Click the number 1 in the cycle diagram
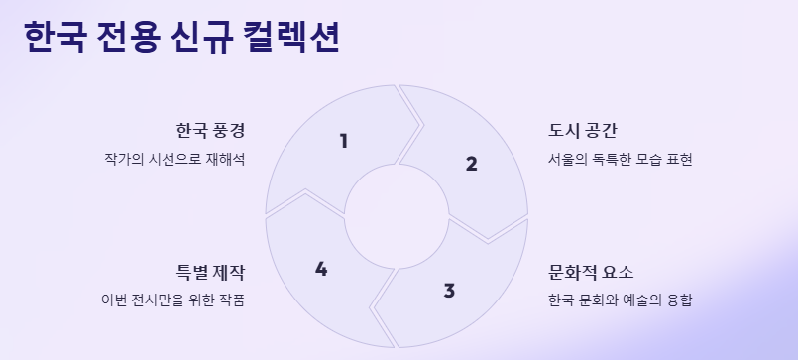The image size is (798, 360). (343, 141)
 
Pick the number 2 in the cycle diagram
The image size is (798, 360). (471, 164)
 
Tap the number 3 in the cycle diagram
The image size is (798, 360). (449, 291)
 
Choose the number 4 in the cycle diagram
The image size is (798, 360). (320, 269)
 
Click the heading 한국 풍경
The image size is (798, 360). (210, 131)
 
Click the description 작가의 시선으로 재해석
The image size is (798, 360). (173, 159)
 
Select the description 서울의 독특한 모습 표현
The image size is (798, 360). (620, 159)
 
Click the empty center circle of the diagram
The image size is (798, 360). (397, 216)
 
